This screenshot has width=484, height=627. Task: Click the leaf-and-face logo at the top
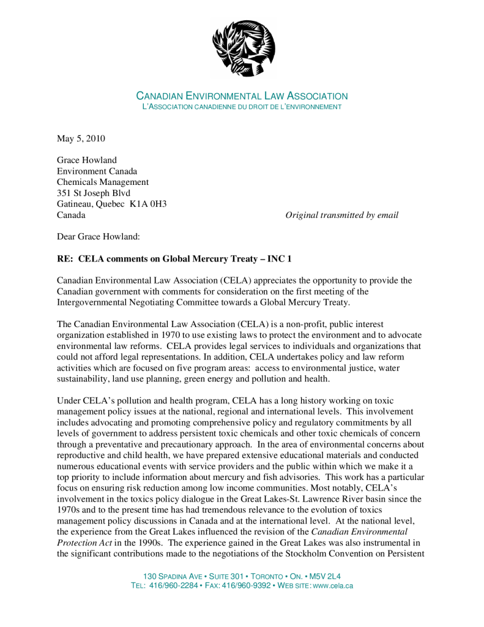(243, 48)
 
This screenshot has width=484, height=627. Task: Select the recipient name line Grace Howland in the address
(87, 160)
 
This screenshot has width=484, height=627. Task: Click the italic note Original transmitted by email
(341, 215)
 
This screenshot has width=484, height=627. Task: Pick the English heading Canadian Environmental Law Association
(242, 96)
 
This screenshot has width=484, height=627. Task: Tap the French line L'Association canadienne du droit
(241, 107)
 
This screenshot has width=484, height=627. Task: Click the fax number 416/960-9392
(249, 586)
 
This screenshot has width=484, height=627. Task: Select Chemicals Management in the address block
(103, 182)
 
